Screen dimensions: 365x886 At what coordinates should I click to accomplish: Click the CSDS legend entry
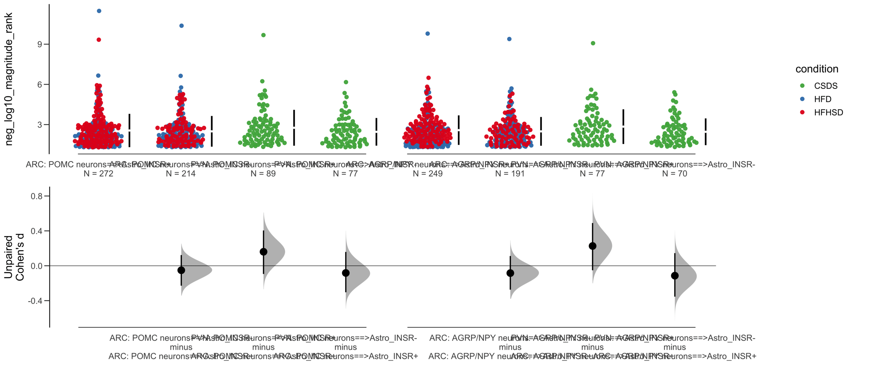coord(825,86)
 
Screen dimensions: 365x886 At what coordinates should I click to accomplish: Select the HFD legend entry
coord(822,99)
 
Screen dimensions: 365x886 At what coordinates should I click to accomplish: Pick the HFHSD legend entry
coord(828,112)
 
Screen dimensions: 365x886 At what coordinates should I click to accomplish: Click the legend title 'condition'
coord(817,69)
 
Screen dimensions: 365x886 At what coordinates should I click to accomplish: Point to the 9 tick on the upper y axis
coord(40,44)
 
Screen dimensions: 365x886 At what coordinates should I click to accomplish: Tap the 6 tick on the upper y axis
coord(40,84)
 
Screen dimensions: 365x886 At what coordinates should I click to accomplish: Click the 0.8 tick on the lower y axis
coord(37,196)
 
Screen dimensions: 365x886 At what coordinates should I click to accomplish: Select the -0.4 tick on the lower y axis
coord(35,301)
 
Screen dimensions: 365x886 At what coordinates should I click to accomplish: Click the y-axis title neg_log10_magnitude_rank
coord(8,79)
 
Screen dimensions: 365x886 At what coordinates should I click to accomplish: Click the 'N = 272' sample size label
coord(98,173)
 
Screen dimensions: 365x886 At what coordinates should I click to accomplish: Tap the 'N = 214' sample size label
coord(181,173)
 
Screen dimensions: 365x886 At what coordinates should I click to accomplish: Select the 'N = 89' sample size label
coord(263,173)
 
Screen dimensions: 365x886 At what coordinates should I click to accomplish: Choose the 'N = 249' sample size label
coord(427,173)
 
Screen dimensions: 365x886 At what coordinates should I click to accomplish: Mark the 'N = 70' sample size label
coord(675,173)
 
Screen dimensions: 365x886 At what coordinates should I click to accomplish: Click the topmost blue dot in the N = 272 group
coord(99,11)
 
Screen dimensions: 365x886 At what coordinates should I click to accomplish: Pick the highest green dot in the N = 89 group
coord(263,35)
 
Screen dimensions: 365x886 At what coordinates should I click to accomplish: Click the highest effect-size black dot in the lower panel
coord(593,246)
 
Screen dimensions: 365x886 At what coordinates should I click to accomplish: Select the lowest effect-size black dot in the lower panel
coord(675,276)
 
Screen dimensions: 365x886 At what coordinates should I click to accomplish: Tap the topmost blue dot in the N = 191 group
coord(509,39)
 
